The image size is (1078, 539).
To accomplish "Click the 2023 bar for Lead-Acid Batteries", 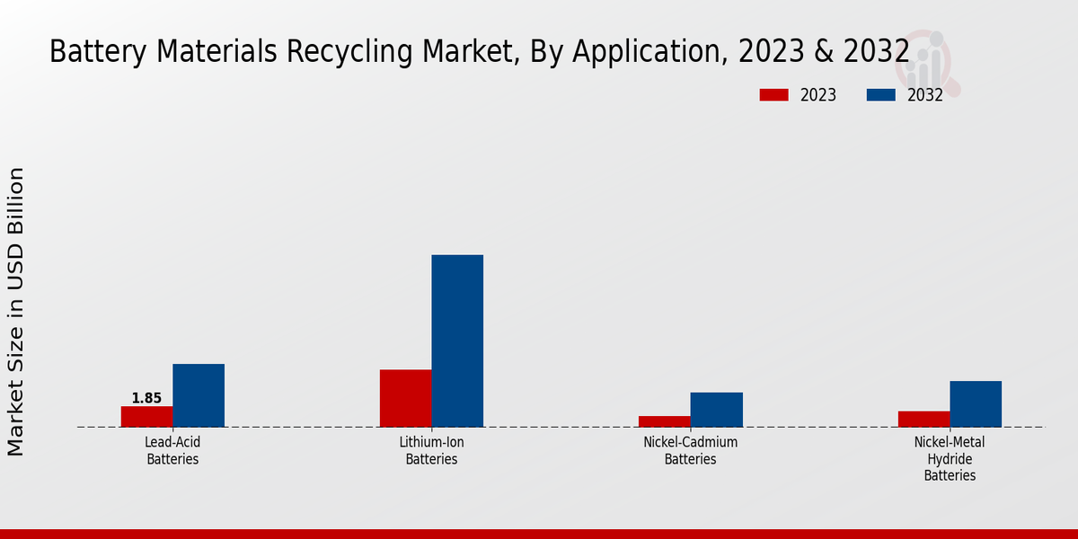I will coord(146,417).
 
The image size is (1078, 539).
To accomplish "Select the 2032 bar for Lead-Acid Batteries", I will coord(199,395).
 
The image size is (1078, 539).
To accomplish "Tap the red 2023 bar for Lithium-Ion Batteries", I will coord(405,398).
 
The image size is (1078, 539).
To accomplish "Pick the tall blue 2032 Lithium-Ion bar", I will coord(457,341).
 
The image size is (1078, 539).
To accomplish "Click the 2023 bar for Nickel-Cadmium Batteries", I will coord(665,421).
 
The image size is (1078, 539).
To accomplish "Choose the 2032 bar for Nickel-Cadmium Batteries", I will coord(717,410).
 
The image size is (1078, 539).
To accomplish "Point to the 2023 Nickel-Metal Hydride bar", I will coord(923,419).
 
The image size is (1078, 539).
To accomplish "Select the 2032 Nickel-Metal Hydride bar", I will coord(976,404).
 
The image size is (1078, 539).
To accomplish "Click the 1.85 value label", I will coord(146,398).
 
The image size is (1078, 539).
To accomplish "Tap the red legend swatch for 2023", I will coord(773,95).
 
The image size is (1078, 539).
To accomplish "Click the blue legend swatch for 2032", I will coord(880,95).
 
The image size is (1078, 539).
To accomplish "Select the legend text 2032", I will coord(925,95).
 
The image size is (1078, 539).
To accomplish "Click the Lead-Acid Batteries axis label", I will coord(172,451).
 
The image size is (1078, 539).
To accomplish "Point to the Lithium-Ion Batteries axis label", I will coord(431,451).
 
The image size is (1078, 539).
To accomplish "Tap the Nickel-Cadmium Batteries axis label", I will coord(690,451).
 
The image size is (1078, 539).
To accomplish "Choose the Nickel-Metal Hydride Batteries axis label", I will coord(950,459).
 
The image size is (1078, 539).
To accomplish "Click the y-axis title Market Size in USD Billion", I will coord(17,311).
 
